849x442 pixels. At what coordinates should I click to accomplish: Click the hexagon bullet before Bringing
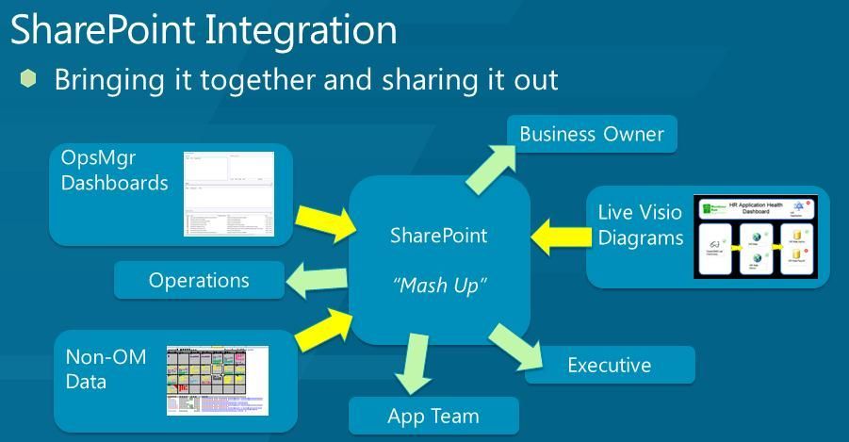(27, 78)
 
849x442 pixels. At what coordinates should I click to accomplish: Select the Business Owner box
(592, 134)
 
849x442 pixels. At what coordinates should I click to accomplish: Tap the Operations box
(199, 280)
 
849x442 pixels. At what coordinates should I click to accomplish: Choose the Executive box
(609, 365)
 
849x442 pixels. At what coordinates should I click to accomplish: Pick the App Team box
(433, 416)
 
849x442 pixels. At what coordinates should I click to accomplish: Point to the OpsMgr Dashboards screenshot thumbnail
(229, 193)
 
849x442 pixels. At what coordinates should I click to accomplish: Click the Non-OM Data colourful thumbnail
(218, 380)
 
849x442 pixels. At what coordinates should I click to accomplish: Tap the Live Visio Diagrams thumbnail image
(759, 237)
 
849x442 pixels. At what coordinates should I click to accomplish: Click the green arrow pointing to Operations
(317, 279)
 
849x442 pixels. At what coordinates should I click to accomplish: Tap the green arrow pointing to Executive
(514, 346)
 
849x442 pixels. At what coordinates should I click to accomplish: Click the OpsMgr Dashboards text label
(114, 171)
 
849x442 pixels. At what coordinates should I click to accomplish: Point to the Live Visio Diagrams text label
(640, 225)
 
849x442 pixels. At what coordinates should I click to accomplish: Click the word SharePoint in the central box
(438, 235)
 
